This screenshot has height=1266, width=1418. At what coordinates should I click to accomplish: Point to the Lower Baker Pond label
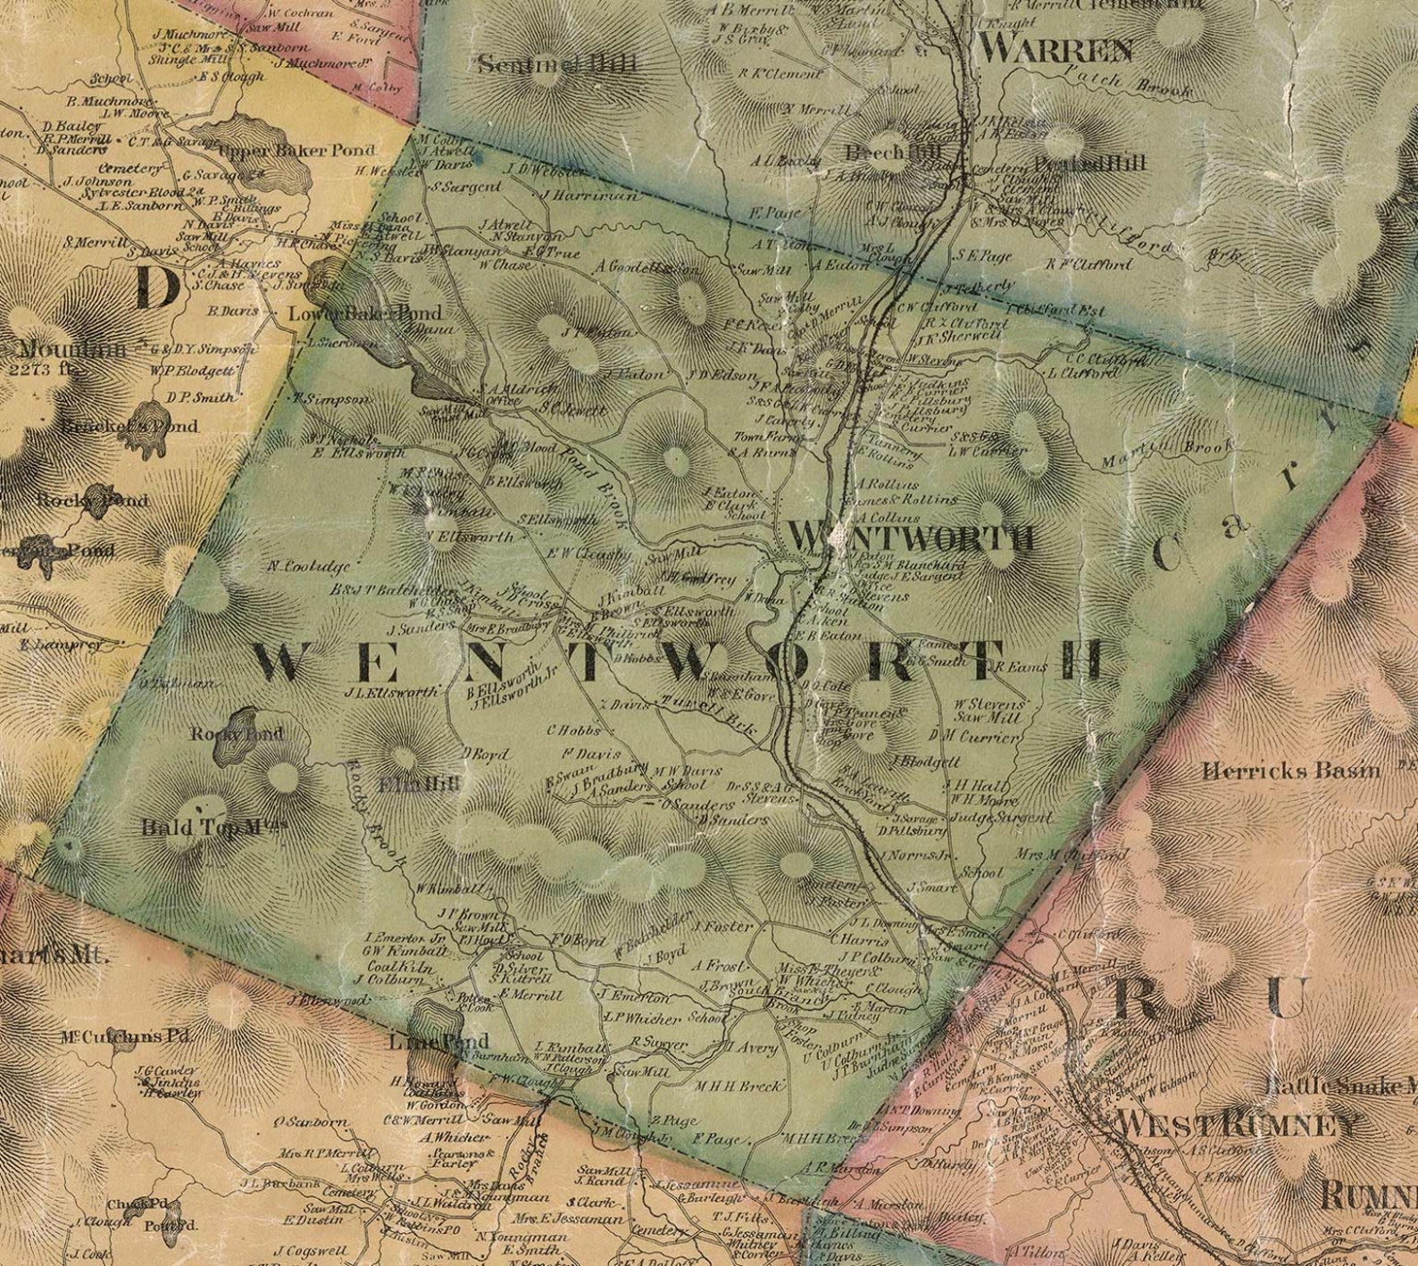tap(364, 314)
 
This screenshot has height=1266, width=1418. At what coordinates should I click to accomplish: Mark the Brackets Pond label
tap(130, 426)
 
